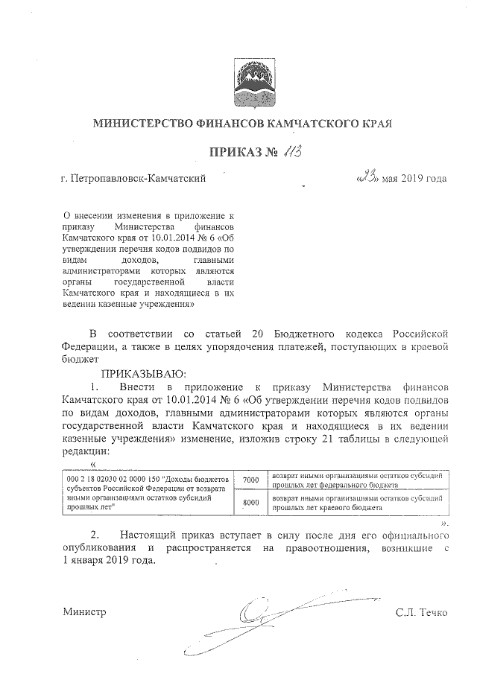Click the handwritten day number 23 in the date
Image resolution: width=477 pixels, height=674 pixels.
(x=367, y=177)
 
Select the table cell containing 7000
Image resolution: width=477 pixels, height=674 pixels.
(x=250, y=481)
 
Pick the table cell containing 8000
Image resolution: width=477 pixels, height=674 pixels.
(x=250, y=503)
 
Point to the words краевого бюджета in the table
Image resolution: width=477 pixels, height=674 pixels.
(x=353, y=508)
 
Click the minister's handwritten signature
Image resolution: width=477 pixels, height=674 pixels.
(x=283, y=607)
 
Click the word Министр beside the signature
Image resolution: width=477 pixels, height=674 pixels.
(x=84, y=612)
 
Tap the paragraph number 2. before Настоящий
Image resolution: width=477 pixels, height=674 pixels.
(x=95, y=535)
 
